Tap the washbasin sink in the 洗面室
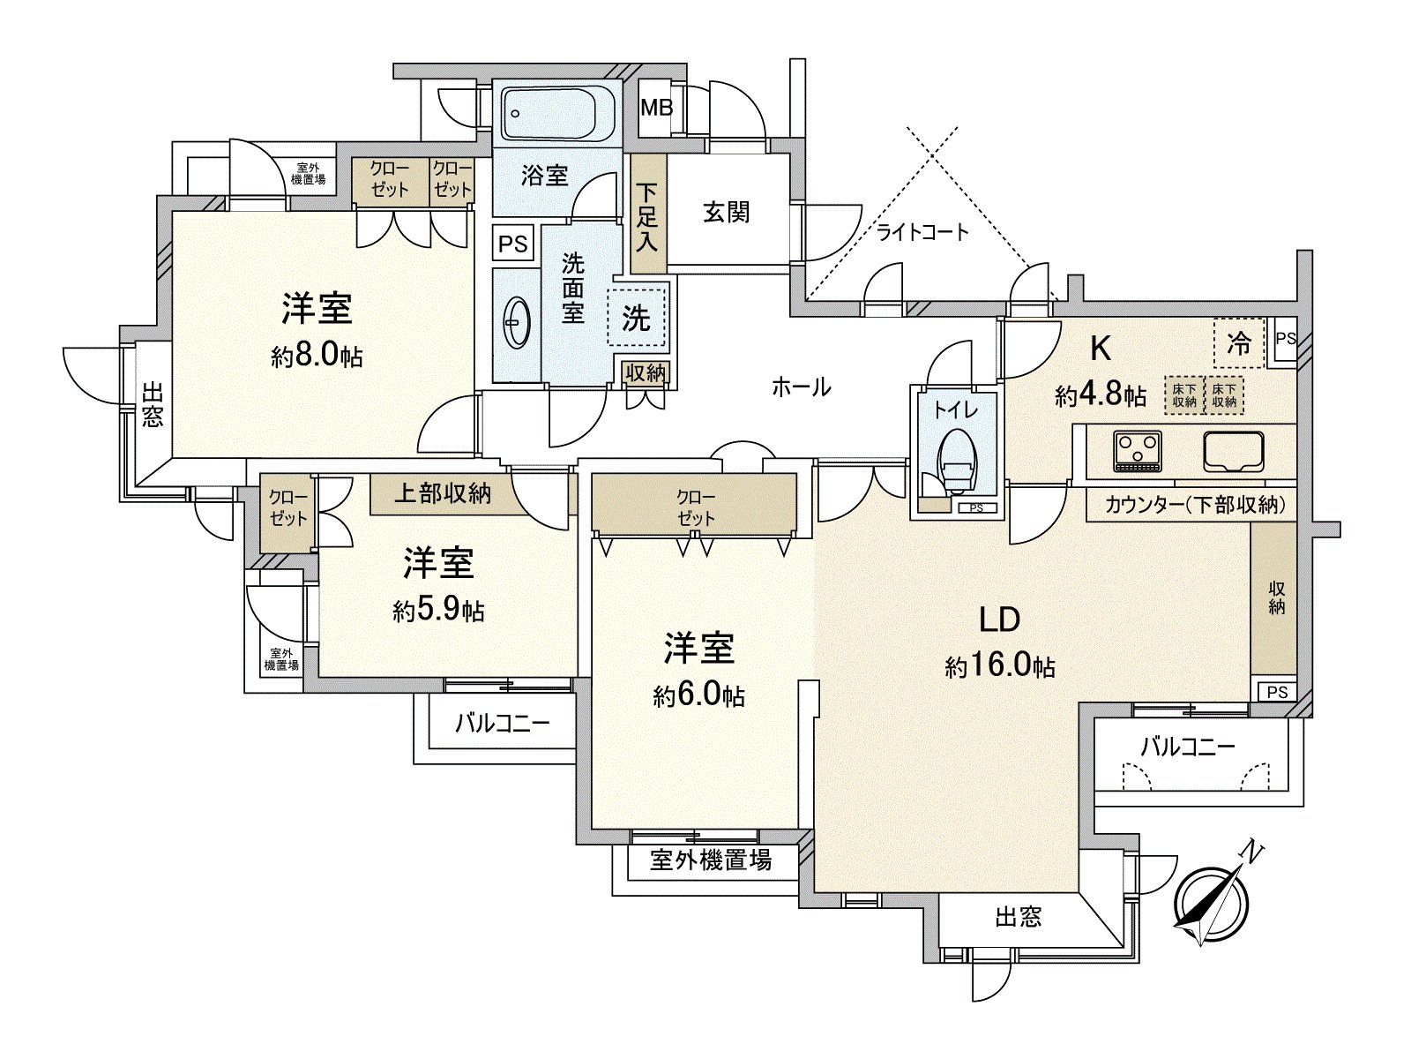pyautogui.click(x=516, y=324)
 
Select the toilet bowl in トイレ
pyautogui.click(x=958, y=458)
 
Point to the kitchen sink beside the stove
pyautogui.click(x=1235, y=450)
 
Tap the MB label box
pyautogui.click(x=656, y=109)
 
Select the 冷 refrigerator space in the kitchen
pyautogui.click(x=1239, y=343)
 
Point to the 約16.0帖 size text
pyautogui.click(x=1000, y=666)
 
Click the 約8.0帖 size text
pyautogui.click(x=317, y=357)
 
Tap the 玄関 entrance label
pyautogui.click(x=726, y=212)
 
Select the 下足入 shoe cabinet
pyautogui.click(x=648, y=214)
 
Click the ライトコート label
pyautogui.click(x=922, y=233)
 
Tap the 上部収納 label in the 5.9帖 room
pyautogui.click(x=441, y=494)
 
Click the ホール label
pyautogui.click(x=801, y=386)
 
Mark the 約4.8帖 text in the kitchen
pyautogui.click(x=1100, y=395)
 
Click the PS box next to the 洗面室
pyautogui.click(x=512, y=244)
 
